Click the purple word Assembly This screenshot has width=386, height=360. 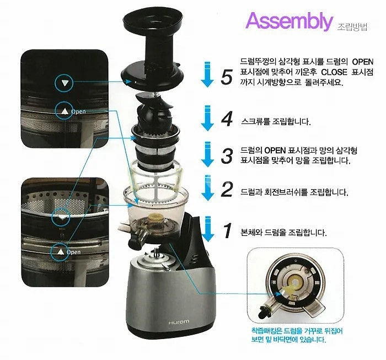289,22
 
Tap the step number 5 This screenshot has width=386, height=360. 227,77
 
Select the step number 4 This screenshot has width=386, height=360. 227,119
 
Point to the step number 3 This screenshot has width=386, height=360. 227,156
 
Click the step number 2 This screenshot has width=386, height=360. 227,189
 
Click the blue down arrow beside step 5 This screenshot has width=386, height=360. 207,74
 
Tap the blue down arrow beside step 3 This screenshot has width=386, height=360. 207,154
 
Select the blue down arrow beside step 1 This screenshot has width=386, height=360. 207,229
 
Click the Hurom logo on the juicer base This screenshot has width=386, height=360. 179,322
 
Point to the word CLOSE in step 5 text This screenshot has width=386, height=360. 334,72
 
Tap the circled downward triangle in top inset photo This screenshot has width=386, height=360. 65,83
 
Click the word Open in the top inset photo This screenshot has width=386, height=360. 78,111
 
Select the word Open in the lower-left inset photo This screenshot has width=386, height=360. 73,252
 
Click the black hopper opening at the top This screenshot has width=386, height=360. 153,20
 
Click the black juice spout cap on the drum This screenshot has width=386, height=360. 132,240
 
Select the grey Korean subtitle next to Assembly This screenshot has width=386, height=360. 352,26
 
